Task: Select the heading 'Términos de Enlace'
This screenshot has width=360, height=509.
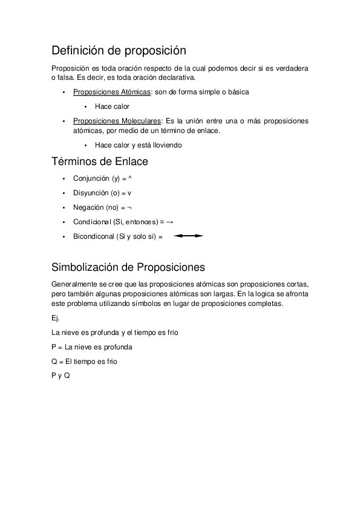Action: [x=100, y=161]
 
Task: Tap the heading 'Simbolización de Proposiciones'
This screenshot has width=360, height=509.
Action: [x=128, y=267]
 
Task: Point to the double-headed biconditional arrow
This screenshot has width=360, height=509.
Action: [x=188, y=236]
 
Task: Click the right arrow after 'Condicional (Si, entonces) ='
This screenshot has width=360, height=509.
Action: [x=169, y=222]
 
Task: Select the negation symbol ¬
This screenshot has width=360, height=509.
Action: [x=129, y=207]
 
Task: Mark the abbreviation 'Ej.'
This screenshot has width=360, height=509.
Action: [x=56, y=318]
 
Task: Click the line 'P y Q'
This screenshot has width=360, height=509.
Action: [x=61, y=376]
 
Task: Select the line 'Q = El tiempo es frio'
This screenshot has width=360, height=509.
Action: [x=85, y=361]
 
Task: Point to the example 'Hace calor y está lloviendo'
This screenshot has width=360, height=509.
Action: [x=139, y=145]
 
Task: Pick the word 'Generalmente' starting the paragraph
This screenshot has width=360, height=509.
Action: [x=73, y=284]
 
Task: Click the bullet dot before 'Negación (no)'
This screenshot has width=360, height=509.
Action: [x=64, y=207]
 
